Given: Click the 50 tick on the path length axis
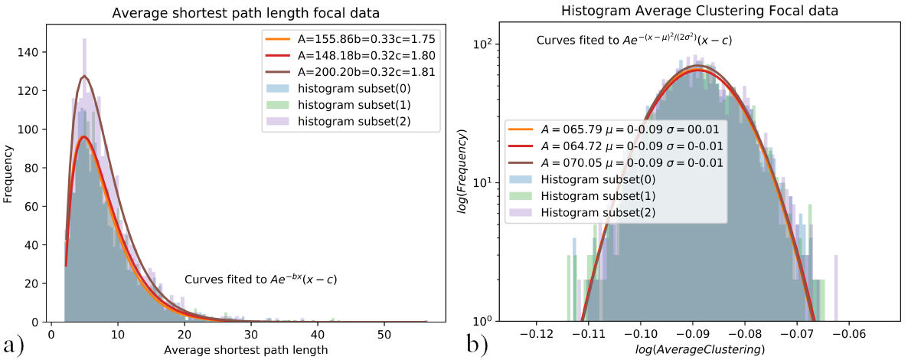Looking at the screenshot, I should pyautogui.click(x=384, y=335).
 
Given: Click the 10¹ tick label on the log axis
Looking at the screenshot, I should pyautogui.click(x=491, y=182).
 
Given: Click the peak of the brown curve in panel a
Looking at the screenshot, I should pyautogui.click(x=84, y=76).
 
